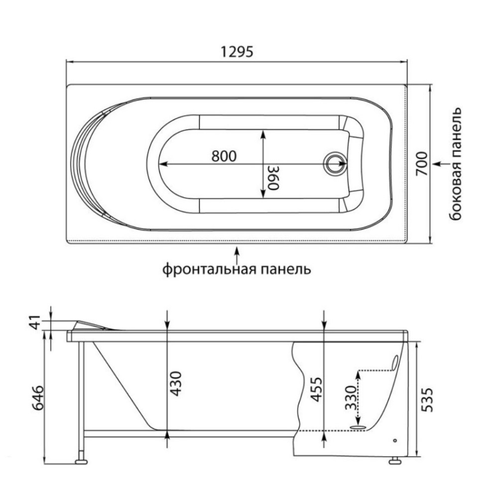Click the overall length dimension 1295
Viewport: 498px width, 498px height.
pos(237,51)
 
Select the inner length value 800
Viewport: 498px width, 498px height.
pos(224,156)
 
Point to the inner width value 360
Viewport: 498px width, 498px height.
pos(272,178)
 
